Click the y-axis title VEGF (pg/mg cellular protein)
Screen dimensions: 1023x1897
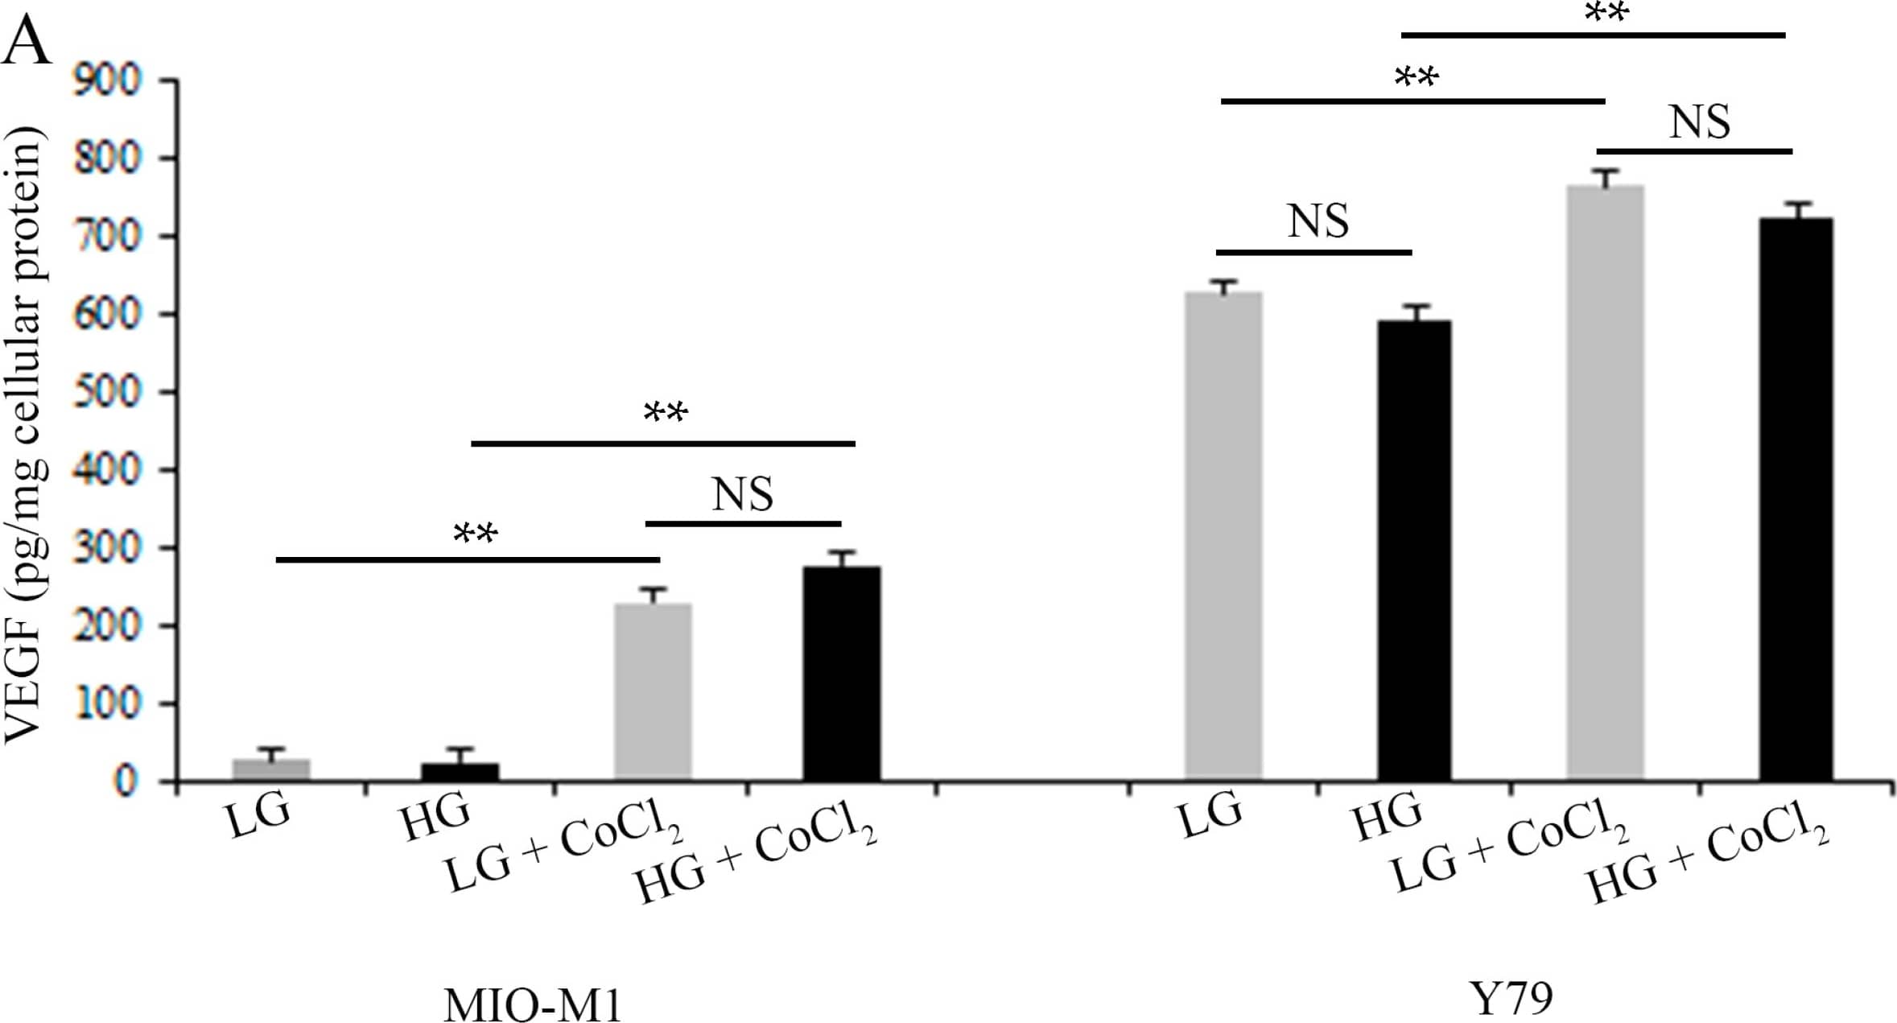24,435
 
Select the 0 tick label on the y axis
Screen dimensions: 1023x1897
124,782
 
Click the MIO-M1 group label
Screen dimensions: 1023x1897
533,1004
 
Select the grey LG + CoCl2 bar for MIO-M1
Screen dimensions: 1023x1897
653,691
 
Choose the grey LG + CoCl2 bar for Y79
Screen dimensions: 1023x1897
1605,482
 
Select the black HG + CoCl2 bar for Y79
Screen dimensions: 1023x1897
1796,499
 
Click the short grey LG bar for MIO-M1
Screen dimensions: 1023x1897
270,769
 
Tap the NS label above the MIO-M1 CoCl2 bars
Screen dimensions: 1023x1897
742,494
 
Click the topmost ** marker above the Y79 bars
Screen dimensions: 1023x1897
1606,14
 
